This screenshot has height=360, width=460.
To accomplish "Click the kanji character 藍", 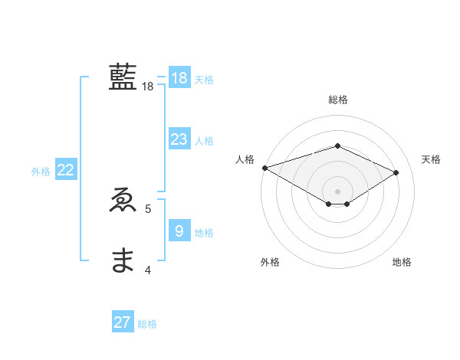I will (x=123, y=78).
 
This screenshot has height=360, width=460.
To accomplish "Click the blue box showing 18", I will (x=179, y=78).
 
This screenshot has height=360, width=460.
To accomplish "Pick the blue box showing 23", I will (x=179, y=139).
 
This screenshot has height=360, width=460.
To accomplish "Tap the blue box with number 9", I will (x=179, y=231).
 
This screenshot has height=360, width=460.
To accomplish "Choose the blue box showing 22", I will (x=65, y=171).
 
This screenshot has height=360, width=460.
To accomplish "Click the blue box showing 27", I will (x=123, y=322).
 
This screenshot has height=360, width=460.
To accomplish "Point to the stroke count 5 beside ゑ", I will (x=148, y=208).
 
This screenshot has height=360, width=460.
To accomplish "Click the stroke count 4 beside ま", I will (x=148, y=270).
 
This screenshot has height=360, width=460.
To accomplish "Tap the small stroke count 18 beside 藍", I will (x=148, y=87).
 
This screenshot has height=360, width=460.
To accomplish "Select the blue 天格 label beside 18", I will (x=204, y=80).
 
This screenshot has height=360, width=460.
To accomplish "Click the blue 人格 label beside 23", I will (x=204, y=141).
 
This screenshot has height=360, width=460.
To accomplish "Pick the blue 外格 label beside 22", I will (x=41, y=172).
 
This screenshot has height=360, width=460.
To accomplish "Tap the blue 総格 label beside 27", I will (x=147, y=324).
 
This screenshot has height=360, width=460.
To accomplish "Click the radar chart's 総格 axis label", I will (x=337, y=100).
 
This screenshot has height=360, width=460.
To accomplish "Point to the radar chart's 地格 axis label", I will (x=402, y=263).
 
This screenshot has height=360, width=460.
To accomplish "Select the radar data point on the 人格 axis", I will (x=264, y=168).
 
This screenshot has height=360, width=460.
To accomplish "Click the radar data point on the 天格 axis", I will (x=396, y=172).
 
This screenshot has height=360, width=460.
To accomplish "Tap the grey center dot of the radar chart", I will (x=337, y=191).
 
